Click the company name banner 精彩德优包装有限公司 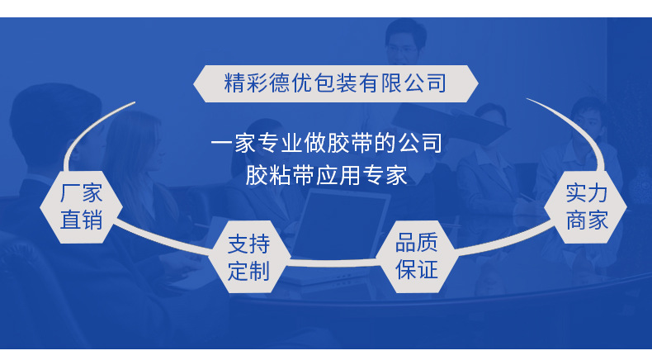click(335, 83)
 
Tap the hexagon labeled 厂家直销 click(83, 207)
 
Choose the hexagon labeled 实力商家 click(587, 207)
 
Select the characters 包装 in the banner click(335, 83)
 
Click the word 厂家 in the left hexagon click(83, 194)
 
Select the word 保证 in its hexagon click(417, 269)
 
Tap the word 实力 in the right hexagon click(587, 194)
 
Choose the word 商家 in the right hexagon click(587, 220)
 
